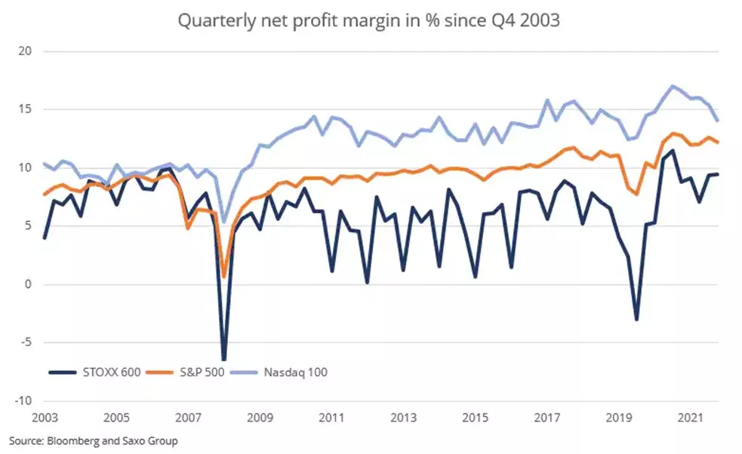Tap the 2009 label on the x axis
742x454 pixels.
(x=260, y=417)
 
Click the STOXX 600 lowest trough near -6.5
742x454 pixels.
(x=224, y=360)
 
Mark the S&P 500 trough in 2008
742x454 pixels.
(x=224, y=277)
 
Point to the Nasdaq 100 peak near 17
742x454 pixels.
(x=673, y=86)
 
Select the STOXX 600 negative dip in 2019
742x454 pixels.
(x=636, y=320)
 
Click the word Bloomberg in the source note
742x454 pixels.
(x=66, y=440)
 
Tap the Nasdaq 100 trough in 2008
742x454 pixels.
(x=224, y=222)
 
